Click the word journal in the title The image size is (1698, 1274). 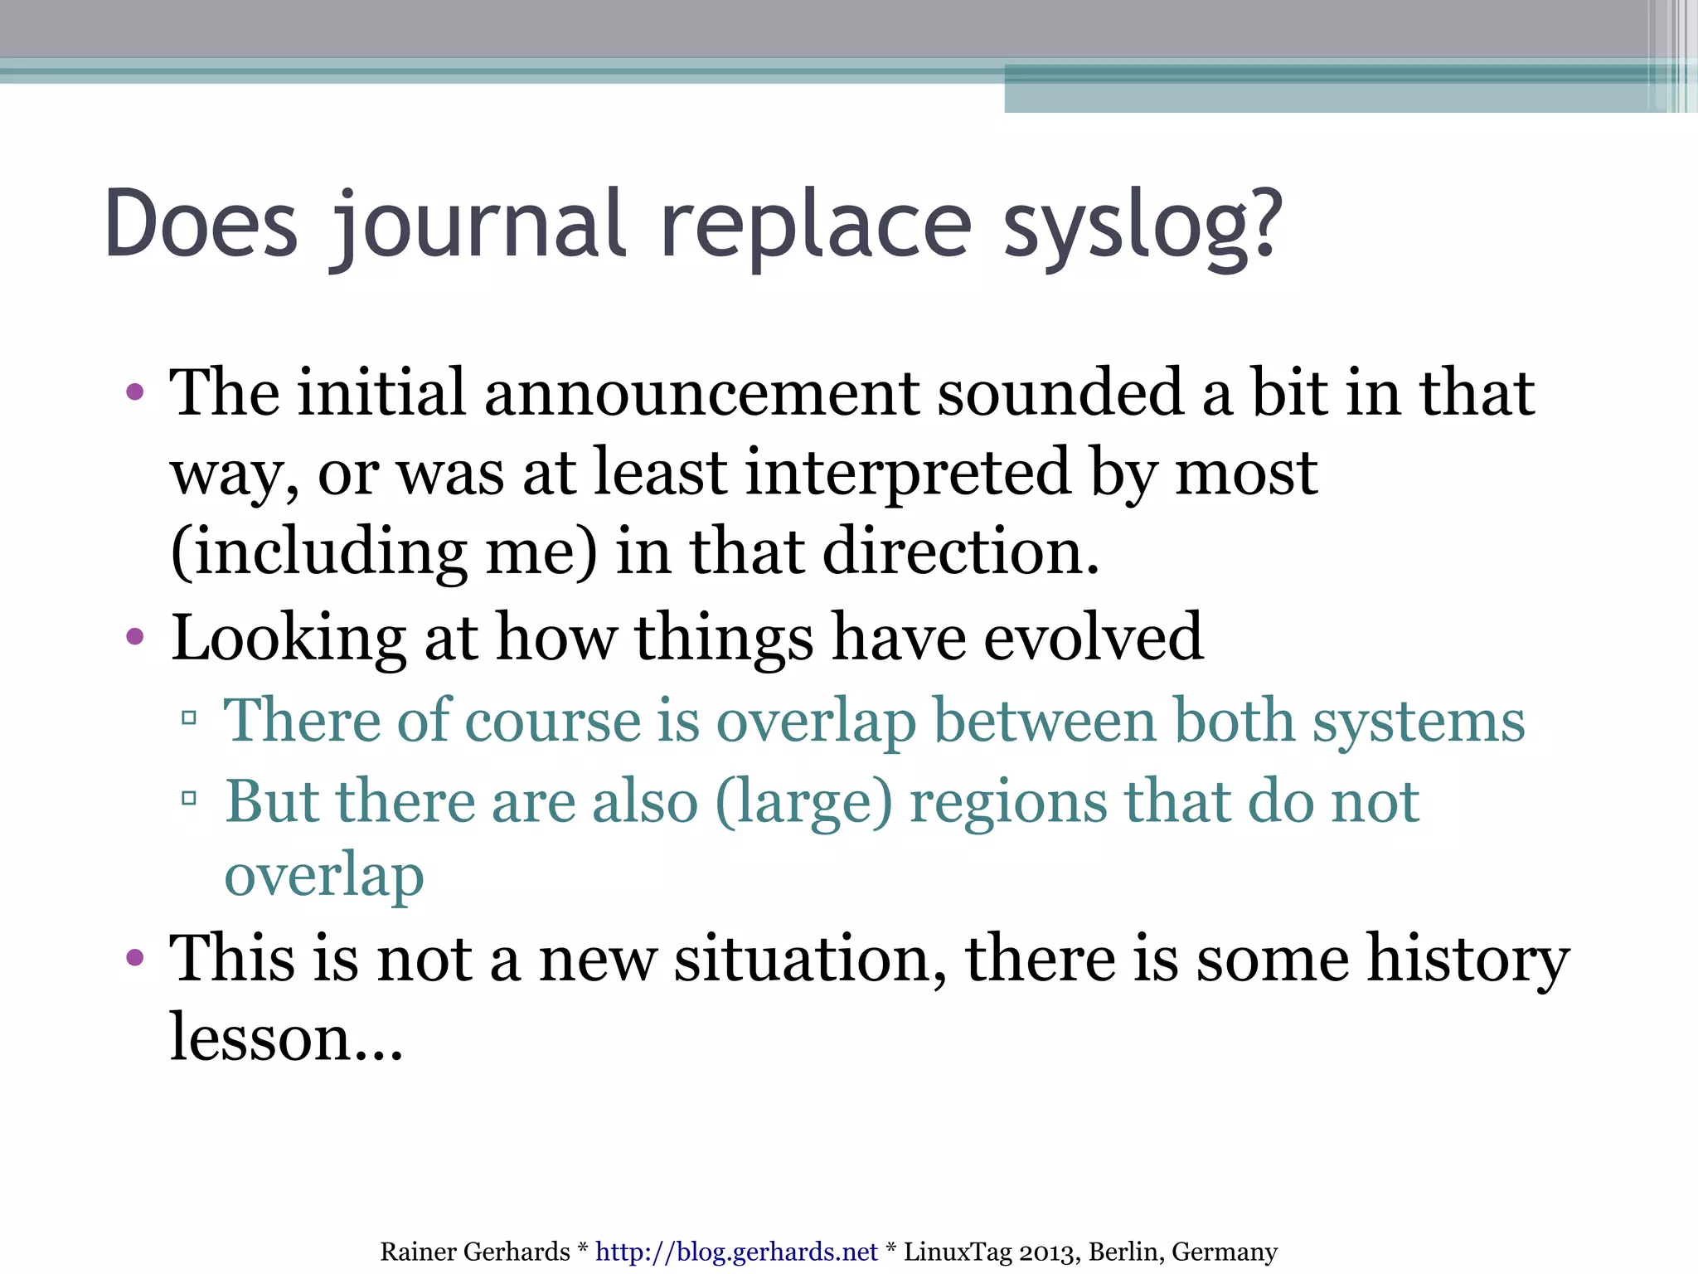(x=478, y=226)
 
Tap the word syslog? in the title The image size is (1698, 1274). (x=1143, y=226)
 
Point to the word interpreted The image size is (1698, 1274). (x=908, y=472)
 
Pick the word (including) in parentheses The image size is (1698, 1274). (x=318, y=552)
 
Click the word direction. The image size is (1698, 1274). (x=961, y=552)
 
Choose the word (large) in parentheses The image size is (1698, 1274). (x=803, y=802)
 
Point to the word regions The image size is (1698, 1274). (x=1007, y=802)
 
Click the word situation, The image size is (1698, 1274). (x=809, y=959)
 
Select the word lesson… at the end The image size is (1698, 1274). (x=286, y=1038)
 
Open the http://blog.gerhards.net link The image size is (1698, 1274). (x=736, y=1252)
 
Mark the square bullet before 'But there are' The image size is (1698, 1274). (x=188, y=799)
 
